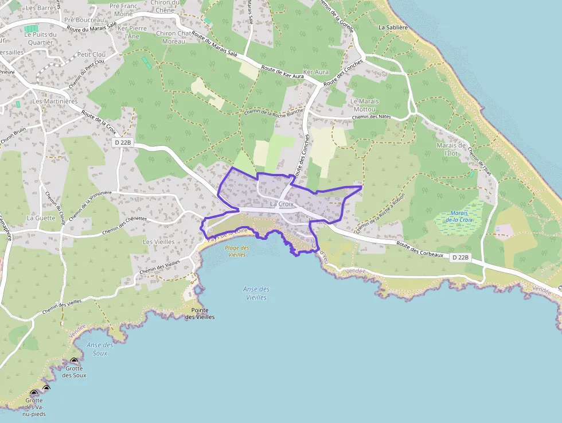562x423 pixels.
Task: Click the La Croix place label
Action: (x=282, y=204)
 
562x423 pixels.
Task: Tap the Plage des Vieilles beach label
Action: (x=237, y=251)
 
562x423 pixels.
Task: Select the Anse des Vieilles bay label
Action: (x=256, y=293)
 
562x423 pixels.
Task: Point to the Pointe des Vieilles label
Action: (x=200, y=313)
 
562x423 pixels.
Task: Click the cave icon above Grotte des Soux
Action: (x=74, y=362)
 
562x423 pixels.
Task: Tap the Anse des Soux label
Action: (x=100, y=348)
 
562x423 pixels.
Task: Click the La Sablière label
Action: (x=393, y=27)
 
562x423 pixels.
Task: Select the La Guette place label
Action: (x=41, y=218)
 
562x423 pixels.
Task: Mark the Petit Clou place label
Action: (x=91, y=55)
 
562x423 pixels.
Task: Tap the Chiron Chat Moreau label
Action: (x=173, y=37)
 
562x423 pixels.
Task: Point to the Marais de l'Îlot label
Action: (x=451, y=149)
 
